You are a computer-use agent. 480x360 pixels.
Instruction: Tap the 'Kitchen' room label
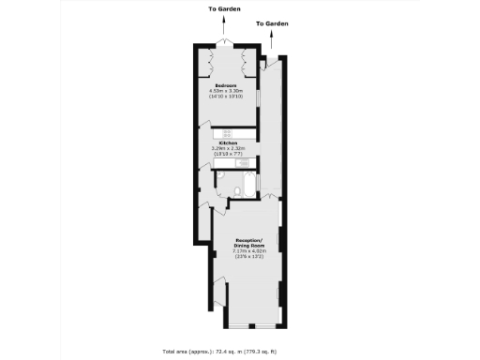click(x=228, y=143)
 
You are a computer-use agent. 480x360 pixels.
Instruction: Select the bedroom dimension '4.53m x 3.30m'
click(x=228, y=91)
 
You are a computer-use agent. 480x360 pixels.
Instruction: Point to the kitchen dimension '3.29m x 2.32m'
click(x=228, y=149)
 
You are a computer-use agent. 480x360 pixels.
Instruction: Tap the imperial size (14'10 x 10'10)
click(x=228, y=97)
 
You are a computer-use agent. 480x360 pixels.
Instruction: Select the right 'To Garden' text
click(x=272, y=22)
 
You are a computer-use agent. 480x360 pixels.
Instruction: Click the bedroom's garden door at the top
click(x=223, y=44)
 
